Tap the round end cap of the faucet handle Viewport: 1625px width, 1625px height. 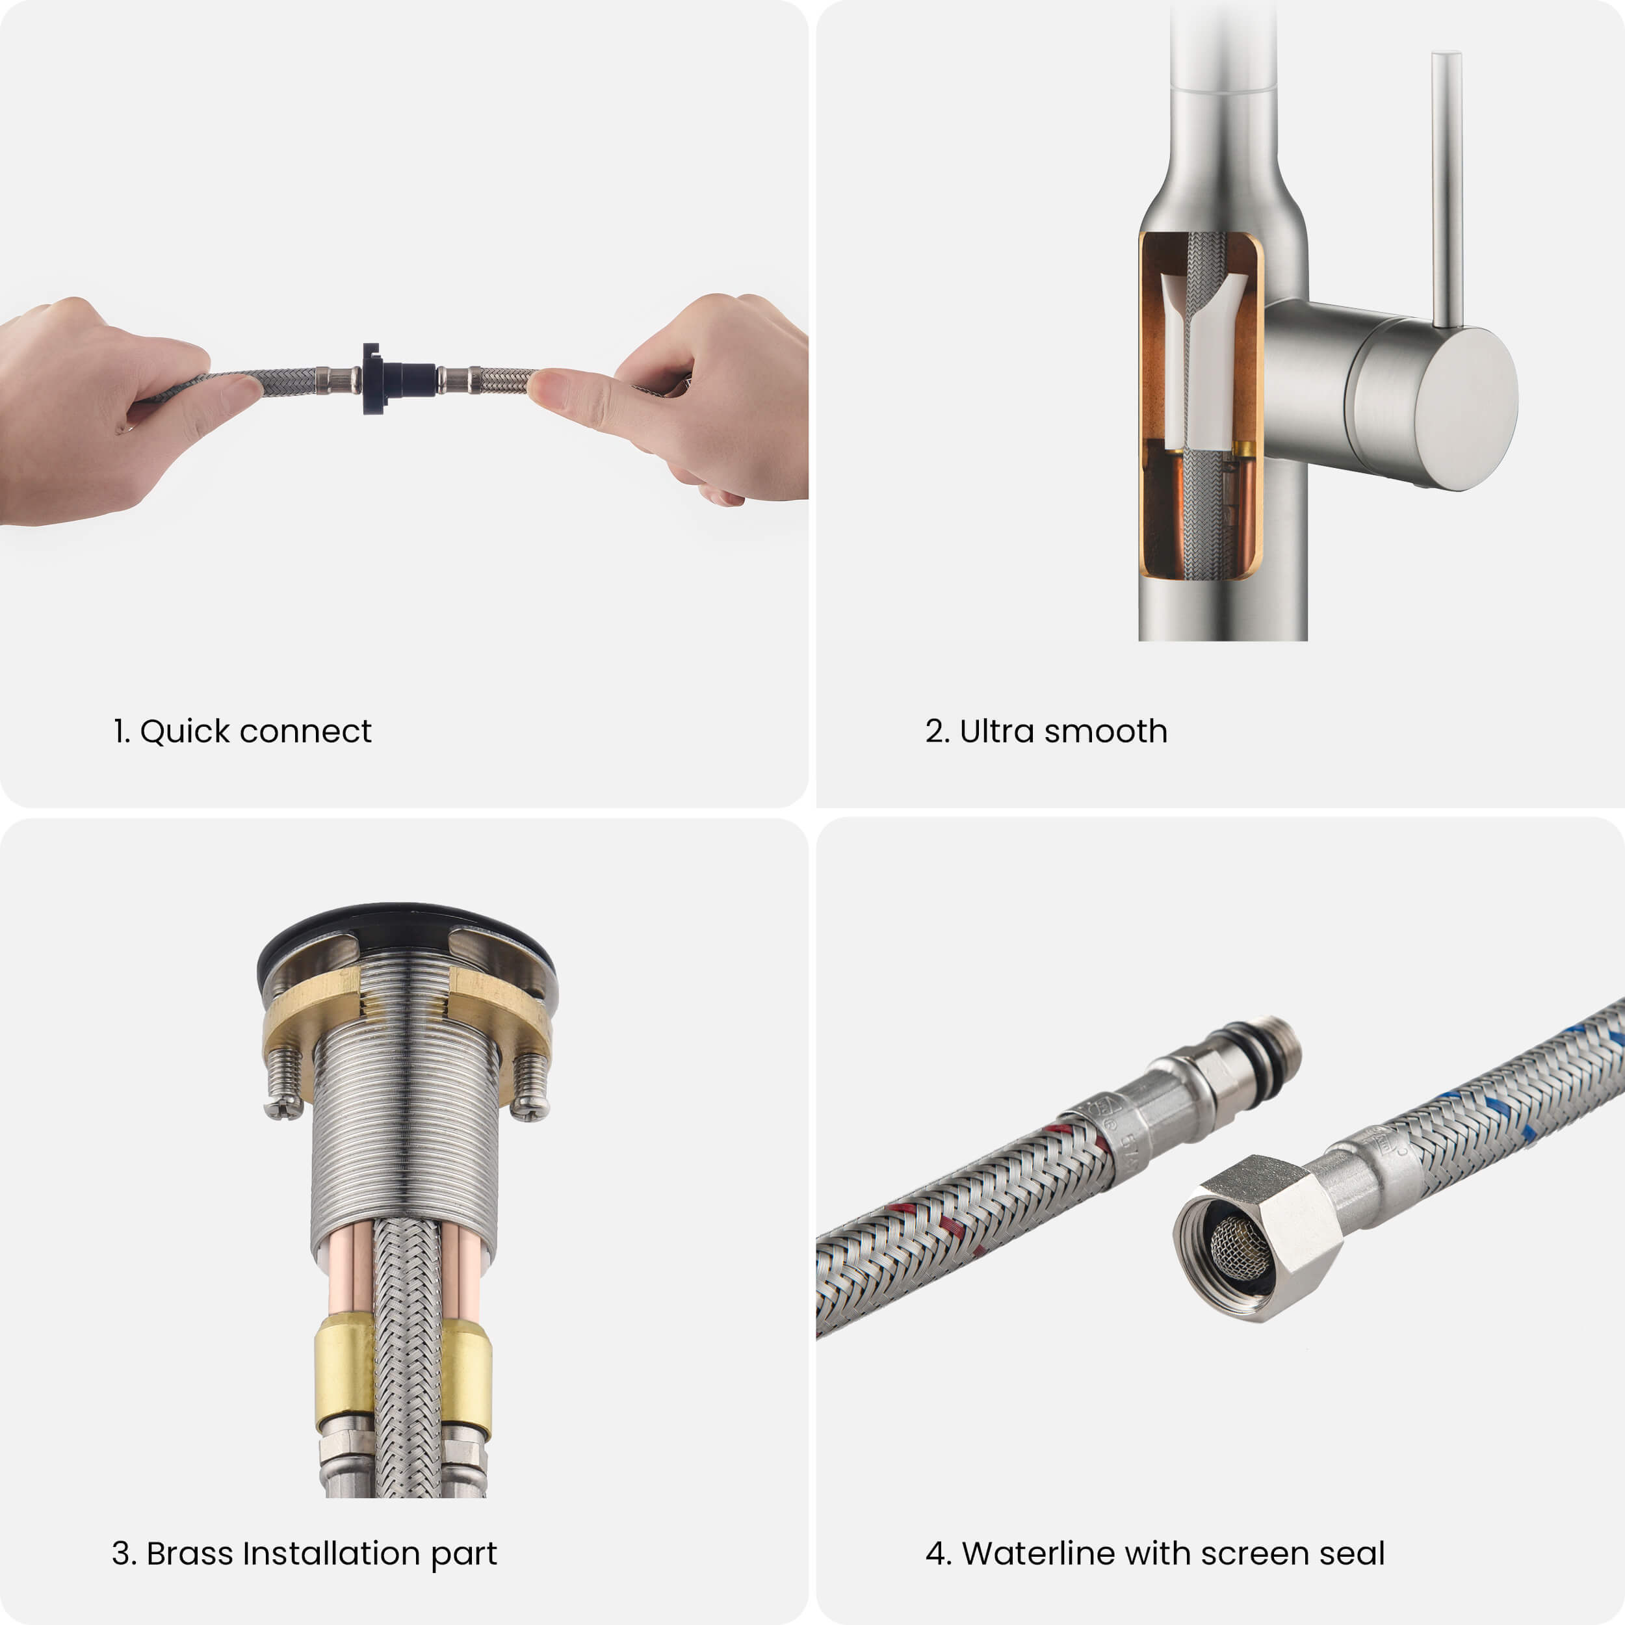pyautogui.click(x=1466, y=409)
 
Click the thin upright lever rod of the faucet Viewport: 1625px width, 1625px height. pyautogui.click(x=1447, y=189)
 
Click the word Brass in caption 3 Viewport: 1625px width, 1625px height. pyautogui.click(x=189, y=1553)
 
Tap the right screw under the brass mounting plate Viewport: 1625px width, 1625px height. pyautogui.click(x=530, y=1086)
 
